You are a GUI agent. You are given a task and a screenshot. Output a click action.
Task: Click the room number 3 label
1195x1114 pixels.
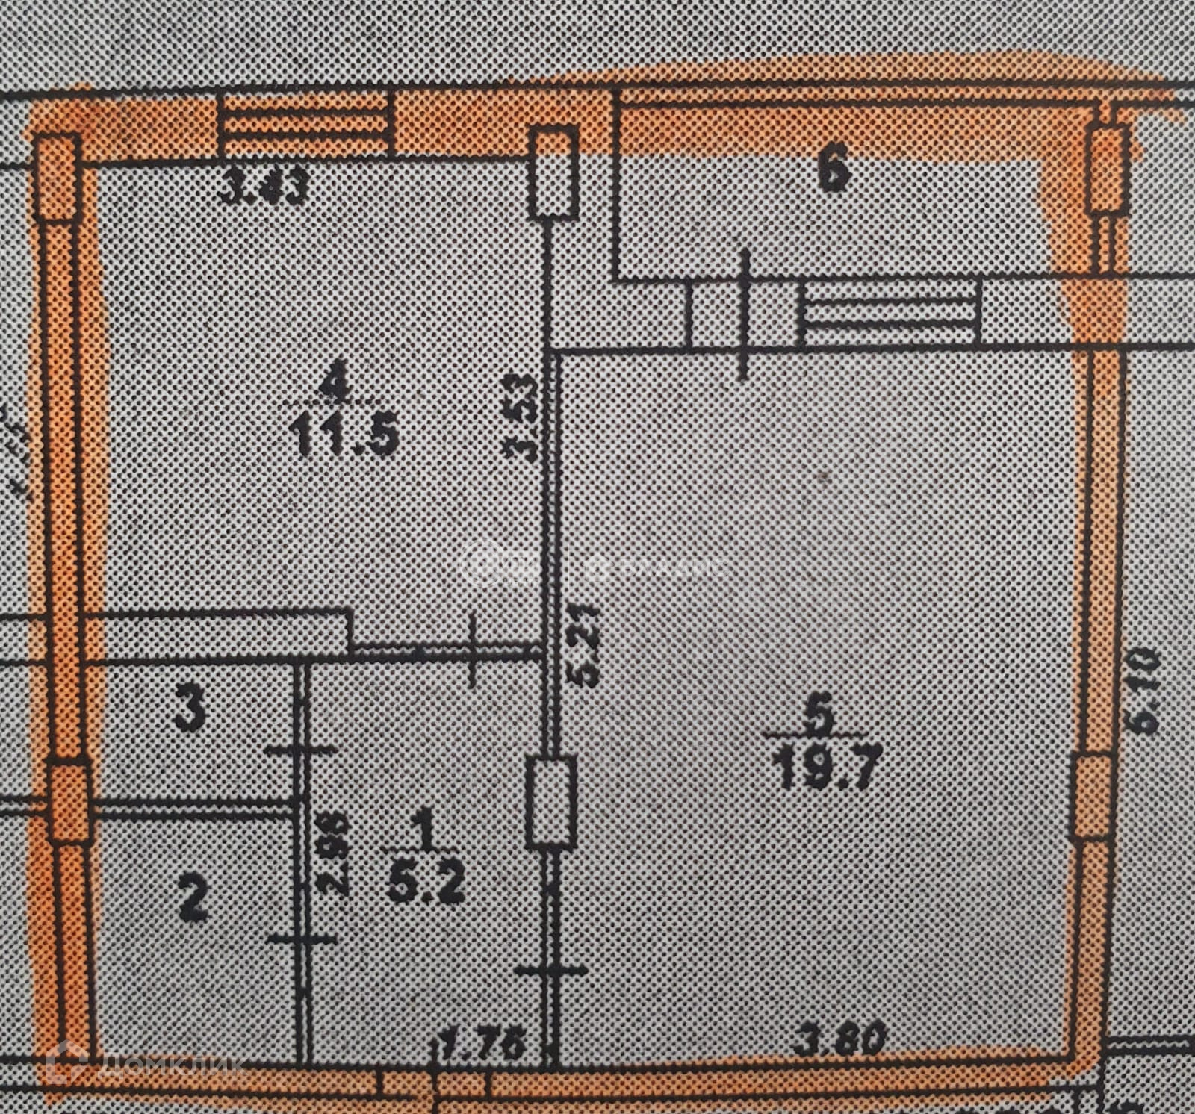click(x=189, y=712)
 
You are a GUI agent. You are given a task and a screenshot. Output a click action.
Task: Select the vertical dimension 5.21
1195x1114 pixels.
click(x=586, y=646)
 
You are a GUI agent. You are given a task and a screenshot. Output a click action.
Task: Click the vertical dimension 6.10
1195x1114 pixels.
click(x=1145, y=689)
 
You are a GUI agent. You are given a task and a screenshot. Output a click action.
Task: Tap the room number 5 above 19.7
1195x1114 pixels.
click(x=820, y=718)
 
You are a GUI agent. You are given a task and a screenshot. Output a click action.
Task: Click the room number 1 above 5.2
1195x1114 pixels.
click(x=426, y=830)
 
